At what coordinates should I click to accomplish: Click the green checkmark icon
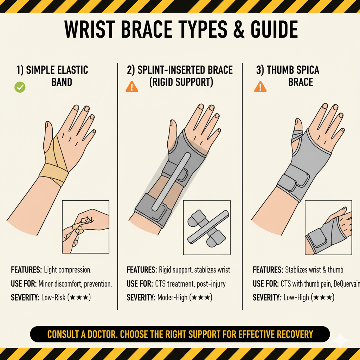pyautogui.click(x=20, y=87)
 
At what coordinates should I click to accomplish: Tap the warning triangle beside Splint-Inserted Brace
pyautogui.click(x=132, y=87)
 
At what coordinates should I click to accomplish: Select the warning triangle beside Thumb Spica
pyautogui.click(x=261, y=87)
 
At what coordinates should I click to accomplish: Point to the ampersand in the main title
pyautogui.click(x=239, y=30)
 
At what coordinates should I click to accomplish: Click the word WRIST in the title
pyautogui.click(x=90, y=30)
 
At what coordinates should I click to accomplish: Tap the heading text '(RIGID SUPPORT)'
pyautogui.click(x=181, y=82)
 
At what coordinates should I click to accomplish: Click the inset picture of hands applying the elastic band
pyautogui.click(x=86, y=227)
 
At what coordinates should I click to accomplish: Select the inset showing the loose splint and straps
pyautogui.click(x=207, y=227)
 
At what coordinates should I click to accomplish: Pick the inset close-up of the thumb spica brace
pyautogui.click(x=328, y=227)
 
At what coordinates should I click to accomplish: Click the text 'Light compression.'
pyautogui.click(x=67, y=270)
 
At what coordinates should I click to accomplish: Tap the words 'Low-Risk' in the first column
pyautogui.click(x=53, y=297)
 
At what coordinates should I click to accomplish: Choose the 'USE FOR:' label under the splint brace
pyautogui.click(x=140, y=284)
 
